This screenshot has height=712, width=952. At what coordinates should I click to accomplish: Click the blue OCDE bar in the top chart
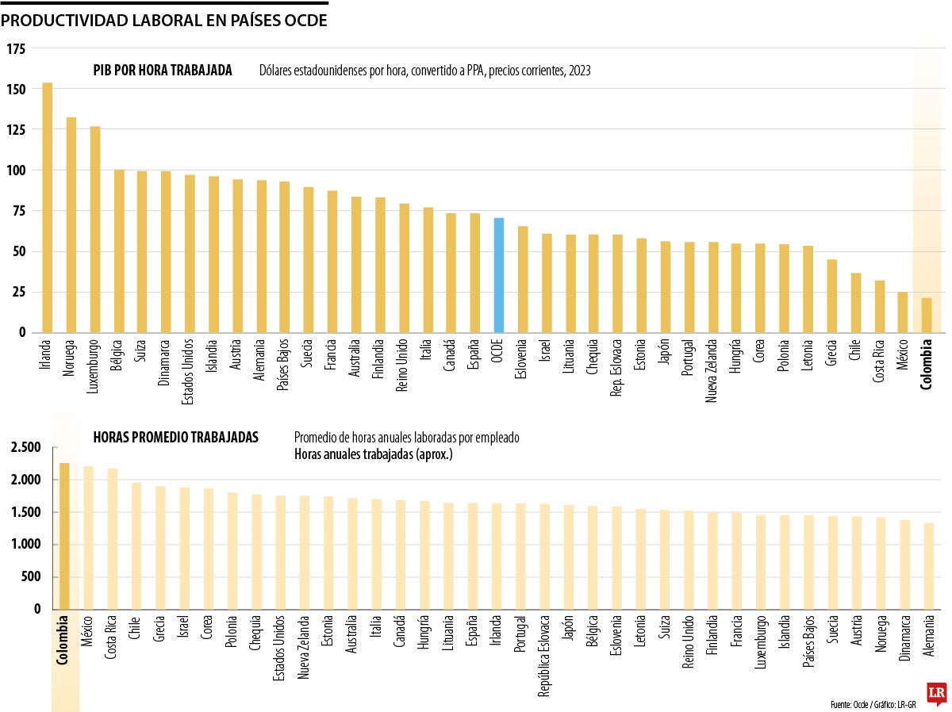(499, 275)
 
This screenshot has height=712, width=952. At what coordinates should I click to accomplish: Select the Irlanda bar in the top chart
(48, 208)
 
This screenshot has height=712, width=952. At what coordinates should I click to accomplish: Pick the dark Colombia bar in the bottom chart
(64, 536)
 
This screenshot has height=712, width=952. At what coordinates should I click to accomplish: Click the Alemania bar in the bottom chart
(928, 565)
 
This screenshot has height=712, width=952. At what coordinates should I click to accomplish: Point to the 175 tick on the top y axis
(16, 49)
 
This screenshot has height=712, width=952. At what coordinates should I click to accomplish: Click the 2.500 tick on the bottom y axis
(25, 448)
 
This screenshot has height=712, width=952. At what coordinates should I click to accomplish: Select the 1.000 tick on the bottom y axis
(25, 545)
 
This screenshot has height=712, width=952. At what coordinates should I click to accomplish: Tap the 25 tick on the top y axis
(18, 292)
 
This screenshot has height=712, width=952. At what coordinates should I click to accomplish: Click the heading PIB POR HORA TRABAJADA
(163, 71)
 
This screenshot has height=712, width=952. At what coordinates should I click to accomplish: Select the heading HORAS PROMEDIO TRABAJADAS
(175, 437)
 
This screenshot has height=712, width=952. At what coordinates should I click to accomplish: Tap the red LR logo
(936, 693)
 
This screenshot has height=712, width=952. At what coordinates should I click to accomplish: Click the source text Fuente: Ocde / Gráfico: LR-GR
(873, 704)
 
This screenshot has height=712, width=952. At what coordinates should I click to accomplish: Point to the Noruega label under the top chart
(71, 359)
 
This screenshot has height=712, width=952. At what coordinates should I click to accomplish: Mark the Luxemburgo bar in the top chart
(95, 229)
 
